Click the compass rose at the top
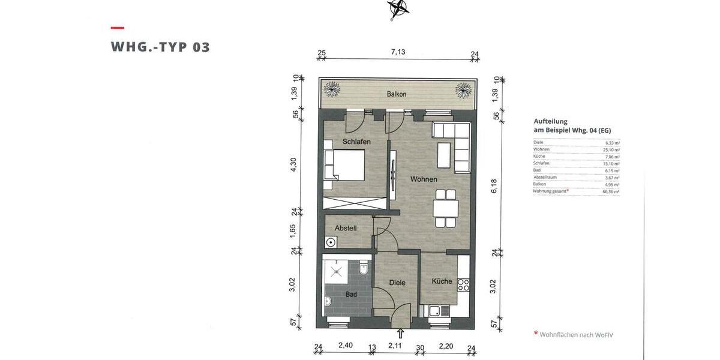click(x=398, y=8)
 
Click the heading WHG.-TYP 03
click(x=160, y=47)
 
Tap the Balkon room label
click(x=397, y=94)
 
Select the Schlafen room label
click(x=356, y=142)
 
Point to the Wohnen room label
click(x=424, y=179)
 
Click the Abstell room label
click(x=346, y=228)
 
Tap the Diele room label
click(x=397, y=283)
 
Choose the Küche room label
click(x=442, y=281)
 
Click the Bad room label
click(x=351, y=295)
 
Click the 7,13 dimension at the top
click(x=398, y=52)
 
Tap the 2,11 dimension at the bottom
click(x=395, y=346)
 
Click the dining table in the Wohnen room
click(x=445, y=209)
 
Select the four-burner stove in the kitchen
click(x=463, y=284)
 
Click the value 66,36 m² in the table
click(x=611, y=191)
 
